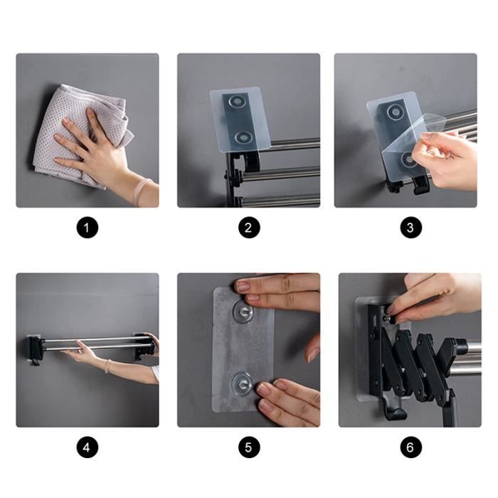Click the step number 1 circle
click(87, 228)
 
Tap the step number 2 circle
click(249, 228)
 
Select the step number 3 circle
click(410, 228)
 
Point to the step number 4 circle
click(87, 447)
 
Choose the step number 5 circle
click(249, 447)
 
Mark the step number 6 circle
click(410, 447)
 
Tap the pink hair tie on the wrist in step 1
click(143, 192)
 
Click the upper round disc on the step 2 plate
click(237, 102)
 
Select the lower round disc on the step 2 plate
click(244, 137)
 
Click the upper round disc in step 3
click(396, 112)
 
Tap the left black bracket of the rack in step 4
click(34, 349)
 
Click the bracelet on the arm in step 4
click(108, 366)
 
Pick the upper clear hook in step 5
click(243, 311)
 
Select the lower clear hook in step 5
click(243, 383)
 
